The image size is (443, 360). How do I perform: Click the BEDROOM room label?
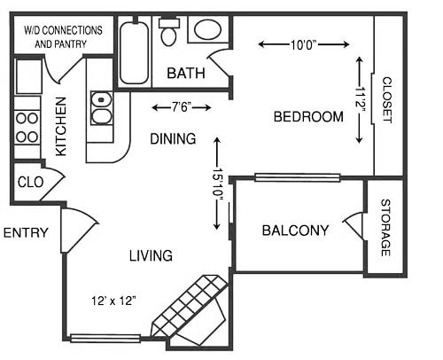(307, 117)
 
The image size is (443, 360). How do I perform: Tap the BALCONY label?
(295, 231)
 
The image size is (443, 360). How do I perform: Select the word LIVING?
(151, 256)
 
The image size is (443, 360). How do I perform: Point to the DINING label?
(173, 139)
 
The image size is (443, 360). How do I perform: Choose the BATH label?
(186, 74)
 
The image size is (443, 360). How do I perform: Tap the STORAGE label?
(385, 229)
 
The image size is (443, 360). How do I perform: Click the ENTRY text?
(25, 233)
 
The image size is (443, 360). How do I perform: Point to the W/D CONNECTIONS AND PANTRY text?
(62, 35)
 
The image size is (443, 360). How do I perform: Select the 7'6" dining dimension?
(182, 107)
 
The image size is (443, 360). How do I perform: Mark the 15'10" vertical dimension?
(217, 185)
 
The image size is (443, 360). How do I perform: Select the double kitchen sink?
(100, 107)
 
